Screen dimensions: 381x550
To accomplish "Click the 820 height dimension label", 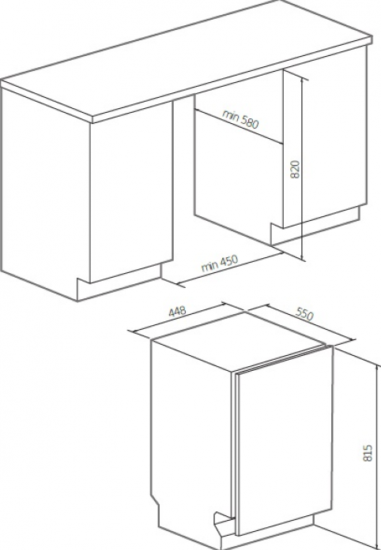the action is pyautogui.click(x=296, y=169).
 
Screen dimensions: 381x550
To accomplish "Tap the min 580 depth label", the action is pyautogui.click(x=241, y=118).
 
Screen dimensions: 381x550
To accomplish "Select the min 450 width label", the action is pyautogui.click(x=220, y=263).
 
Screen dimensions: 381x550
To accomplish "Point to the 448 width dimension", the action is pyautogui.click(x=177, y=312).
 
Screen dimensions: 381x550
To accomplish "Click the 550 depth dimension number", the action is pyautogui.click(x=304, y=314).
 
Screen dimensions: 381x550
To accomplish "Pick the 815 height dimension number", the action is pyautogui.click(x=367, y=453).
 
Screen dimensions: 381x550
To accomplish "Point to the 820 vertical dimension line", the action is pyautogui.click(x=303, y=169).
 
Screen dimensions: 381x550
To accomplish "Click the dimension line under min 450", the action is pyautogui.click(x=230, y=268).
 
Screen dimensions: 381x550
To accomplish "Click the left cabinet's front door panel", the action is pyautogui.click(x=131, y=193).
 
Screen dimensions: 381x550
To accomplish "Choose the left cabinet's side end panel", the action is pyautogui.click(x=45, y=193).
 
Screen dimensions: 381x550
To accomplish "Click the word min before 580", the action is pyautogui.click(x=230, y=114).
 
